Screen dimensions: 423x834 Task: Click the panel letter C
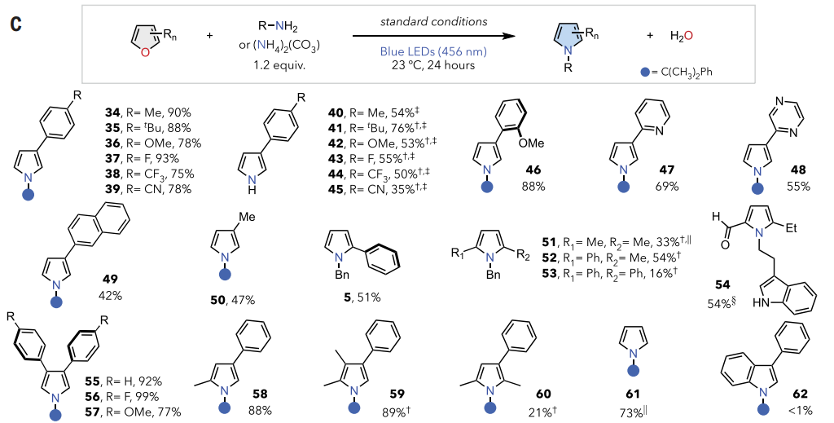pyautogui.click(x=15, y=24)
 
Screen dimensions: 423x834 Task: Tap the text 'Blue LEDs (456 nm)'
pyautogui.click(x=423, y=51)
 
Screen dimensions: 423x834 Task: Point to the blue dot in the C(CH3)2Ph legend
pyautogui.click(x=645, y=73)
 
